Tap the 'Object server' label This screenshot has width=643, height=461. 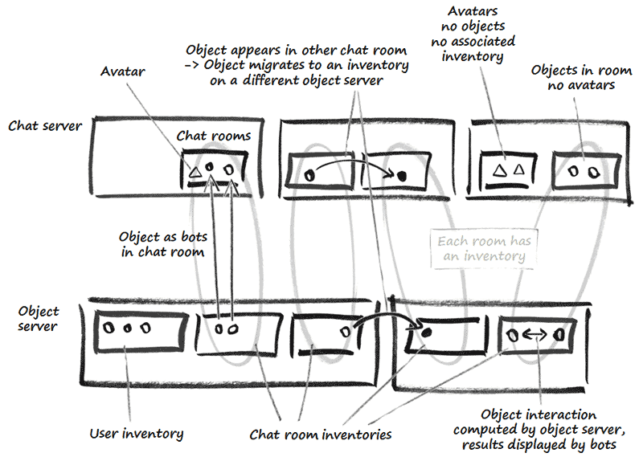click(x=38, y=318)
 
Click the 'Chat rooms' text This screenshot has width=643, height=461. click(x=213, y=137)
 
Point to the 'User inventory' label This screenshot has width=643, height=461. click(x=136, y=434)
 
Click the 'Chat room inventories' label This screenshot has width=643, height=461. click(x=320, y=434)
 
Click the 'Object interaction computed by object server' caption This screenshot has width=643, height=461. click(x=549, y=430)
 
